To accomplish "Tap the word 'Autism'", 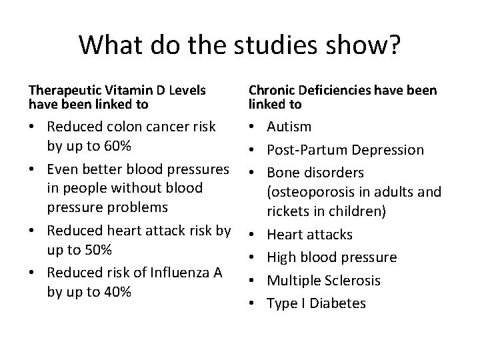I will coord(289,127).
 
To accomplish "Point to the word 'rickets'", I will coord(287,211).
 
